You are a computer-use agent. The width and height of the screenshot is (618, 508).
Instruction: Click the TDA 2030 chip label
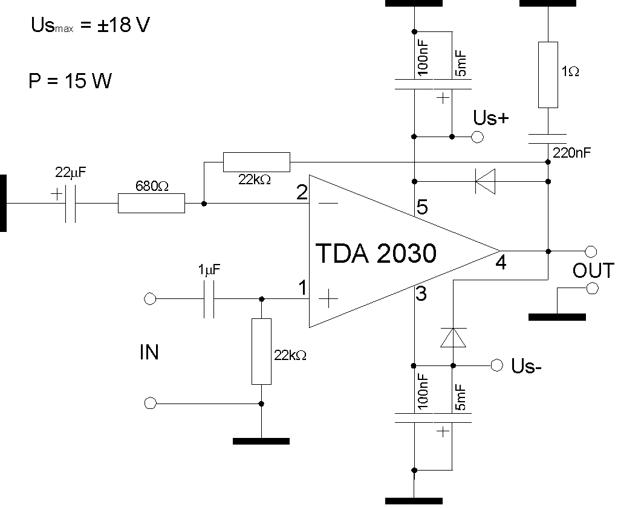click(376, 253)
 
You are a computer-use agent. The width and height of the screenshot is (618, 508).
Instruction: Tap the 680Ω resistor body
click(151, 203)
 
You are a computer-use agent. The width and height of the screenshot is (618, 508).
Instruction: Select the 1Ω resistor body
click(548, 75)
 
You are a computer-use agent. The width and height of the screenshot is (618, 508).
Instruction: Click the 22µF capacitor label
click(70, 172)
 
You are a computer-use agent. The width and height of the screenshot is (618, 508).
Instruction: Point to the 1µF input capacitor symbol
click(209, 299)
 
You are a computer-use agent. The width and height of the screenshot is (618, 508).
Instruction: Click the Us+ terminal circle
click(477, 137)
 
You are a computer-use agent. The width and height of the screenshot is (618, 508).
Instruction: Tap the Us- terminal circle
click(497, 365)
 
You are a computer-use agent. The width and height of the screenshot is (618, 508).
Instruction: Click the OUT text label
click(593, 271)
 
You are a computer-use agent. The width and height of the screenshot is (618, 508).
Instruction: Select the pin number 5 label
click(422, 207)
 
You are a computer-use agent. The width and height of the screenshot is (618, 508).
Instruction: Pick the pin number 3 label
click(421, 294)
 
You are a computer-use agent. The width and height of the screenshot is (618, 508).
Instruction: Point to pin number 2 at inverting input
click(302, 192)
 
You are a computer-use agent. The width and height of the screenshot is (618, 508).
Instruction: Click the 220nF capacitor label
click(571, 153)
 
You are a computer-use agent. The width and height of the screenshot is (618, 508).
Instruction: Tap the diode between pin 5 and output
click(485, 182)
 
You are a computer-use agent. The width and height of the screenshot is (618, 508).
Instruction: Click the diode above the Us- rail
click(454, 338)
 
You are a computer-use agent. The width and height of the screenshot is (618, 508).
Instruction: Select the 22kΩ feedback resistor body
click(256, 162)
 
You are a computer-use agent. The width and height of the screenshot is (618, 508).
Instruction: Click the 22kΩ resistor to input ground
click(261, 352)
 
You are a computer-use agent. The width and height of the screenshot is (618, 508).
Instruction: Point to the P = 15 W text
click(70, 81)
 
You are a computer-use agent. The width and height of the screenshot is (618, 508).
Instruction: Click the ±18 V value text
click(123, 25)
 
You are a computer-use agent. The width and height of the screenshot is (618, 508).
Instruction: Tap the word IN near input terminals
click(149, 352)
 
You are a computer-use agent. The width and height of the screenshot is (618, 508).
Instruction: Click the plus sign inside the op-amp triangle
click(328, 299)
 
